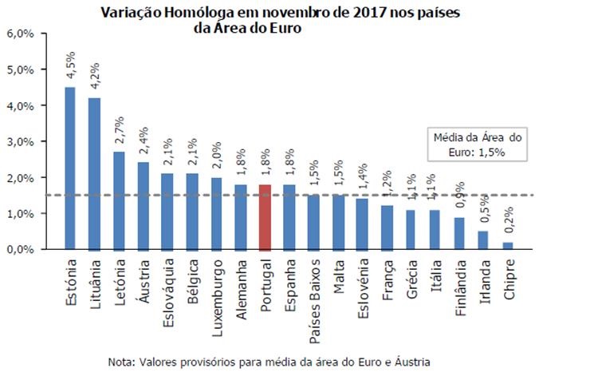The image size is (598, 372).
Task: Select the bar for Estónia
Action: pyautogui.click(x=69, y=168)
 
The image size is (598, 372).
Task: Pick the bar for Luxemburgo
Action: pyautogui.click(x=218, y=213)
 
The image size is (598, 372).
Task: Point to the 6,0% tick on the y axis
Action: pyautogui.click(x=20, y=34)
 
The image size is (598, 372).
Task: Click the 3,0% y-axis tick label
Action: pyautogui.click(x=20, y=141)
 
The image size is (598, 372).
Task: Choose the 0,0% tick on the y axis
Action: pyautogui.click(x=20, y=250)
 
